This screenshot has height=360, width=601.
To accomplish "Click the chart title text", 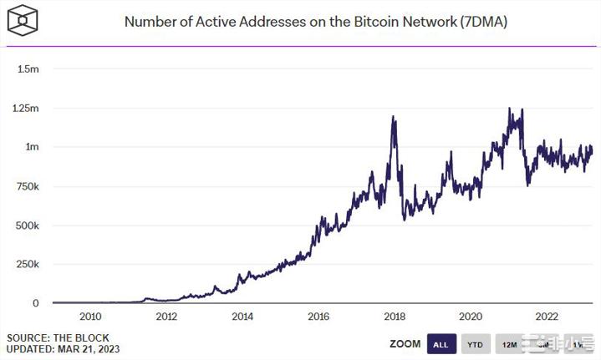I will click(315, 22).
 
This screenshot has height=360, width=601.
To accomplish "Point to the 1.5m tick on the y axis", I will click(28, 68).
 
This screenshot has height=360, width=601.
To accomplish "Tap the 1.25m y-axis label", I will click(25, 108).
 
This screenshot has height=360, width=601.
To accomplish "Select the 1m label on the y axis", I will click(32, 147).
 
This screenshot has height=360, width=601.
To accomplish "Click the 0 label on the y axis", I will click(35, 303).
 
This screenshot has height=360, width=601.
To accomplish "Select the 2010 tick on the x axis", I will click(90, 317).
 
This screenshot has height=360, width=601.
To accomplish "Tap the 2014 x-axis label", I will click(242, 317).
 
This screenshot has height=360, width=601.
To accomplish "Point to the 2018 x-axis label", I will click(395, 317).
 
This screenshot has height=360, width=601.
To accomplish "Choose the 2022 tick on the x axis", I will click(547, 317).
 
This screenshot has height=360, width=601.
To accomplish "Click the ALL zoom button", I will click(441, 344).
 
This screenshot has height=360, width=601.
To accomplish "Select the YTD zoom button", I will click(474, 344).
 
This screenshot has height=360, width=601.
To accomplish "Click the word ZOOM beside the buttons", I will click(404, 344).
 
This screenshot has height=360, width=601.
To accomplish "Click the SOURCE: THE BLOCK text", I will click(52, 337).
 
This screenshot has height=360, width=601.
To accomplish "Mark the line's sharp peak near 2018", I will click(393, 118).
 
